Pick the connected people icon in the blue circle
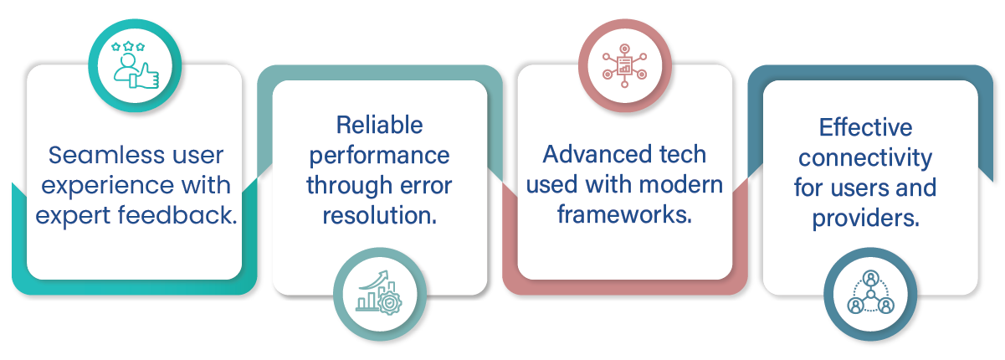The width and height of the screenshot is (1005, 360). pyautogui.click(x=870, y=293)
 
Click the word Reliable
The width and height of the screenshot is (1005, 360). pyautogui.click(x=380, y=126)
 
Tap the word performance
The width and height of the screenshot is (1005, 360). pyautogui.click(x=380, y=156)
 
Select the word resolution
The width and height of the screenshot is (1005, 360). pyautogui.click(x=380, y=214)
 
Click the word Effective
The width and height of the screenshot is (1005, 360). pyautogui.click(x=865, y=127)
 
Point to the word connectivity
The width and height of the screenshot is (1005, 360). pyautogui.click(x=865, y=157)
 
